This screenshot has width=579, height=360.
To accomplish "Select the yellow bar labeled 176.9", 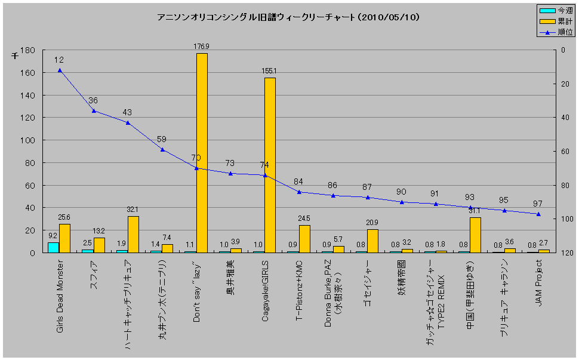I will click(202, 153).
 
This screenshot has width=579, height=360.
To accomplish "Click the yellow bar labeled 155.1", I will click(270, 165).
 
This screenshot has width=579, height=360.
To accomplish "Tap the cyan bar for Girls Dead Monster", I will click(54, 247).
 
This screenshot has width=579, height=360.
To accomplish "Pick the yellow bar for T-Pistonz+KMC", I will click(304, 239).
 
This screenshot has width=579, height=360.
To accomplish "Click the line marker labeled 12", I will click(60, 70).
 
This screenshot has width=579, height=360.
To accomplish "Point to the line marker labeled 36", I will click(94, 110).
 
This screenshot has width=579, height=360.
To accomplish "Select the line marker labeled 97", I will click(538, 214).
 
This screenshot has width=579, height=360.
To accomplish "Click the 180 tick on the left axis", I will click(27, 51).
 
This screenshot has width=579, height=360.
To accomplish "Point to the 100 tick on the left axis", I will click(27, 141).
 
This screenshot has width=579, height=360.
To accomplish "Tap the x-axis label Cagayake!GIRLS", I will click(265, 291).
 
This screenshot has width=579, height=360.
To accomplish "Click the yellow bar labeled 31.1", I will click(475, 235).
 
